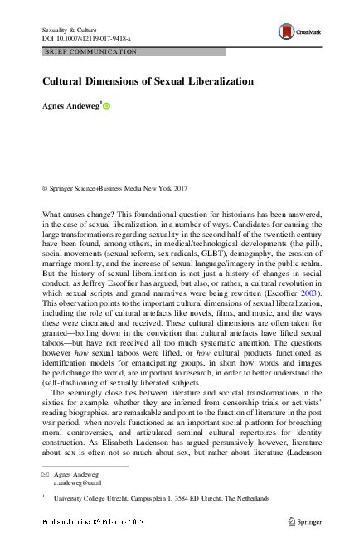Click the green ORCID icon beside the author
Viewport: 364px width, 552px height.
(x=107, y=106)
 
